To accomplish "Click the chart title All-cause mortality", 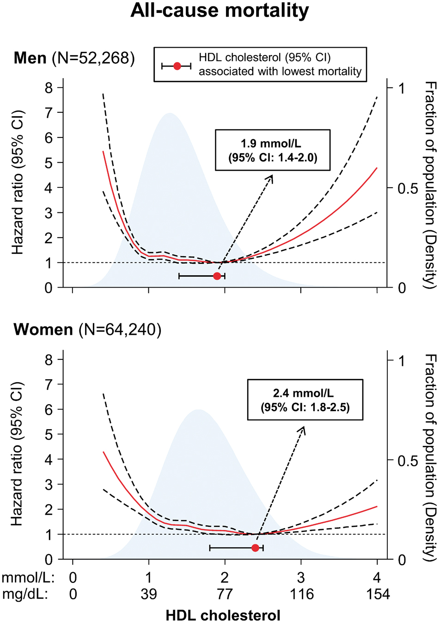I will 219,10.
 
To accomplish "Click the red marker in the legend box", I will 177,66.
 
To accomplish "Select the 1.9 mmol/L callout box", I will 273,150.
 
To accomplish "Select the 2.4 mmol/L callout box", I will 305,400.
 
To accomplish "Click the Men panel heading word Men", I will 30,58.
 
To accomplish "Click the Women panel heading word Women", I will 43,330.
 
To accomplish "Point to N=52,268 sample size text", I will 93,58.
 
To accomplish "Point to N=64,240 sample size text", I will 120,330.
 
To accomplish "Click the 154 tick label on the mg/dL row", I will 378,594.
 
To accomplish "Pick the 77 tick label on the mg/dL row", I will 225,594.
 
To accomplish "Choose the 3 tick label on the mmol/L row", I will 301,578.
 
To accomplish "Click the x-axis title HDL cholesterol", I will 223,616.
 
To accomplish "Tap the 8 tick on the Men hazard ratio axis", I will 49,87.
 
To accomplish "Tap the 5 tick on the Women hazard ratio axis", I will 49,434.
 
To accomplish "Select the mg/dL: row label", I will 25,594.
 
